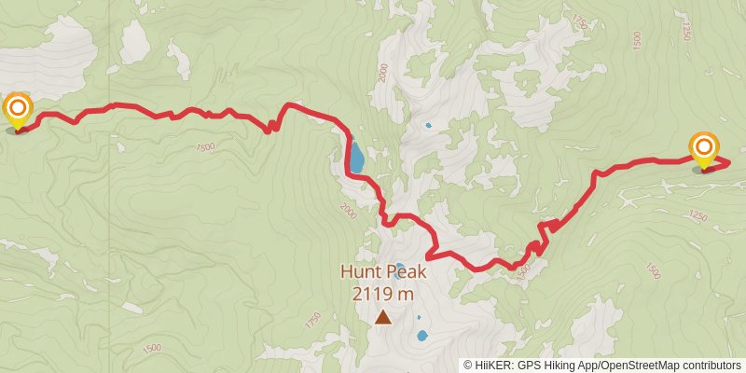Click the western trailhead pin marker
pos(18,110)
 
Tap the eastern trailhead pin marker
pos(704,150)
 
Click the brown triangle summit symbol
pos(383,317)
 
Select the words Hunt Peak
pos(382,273)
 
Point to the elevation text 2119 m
pos(383,294)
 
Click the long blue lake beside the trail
pos(355,156)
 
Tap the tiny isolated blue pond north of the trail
pos(429,125)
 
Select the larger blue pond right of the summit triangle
pos(422,335)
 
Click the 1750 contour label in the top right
pos(582,20)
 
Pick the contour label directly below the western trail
pos(205,147)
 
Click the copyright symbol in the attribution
pos(468,365)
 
